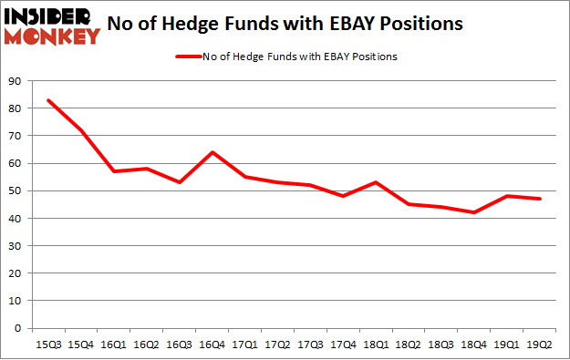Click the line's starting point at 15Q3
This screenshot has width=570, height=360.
tap(48, 100)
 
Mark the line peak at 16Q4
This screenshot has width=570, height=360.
tap(211, 152)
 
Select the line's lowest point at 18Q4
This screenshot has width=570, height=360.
tap(472, 212)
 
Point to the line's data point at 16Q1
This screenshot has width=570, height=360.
tap(113, 171)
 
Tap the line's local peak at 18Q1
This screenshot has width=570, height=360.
tap(374, 182)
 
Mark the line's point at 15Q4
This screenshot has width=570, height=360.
tap(81, 130)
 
